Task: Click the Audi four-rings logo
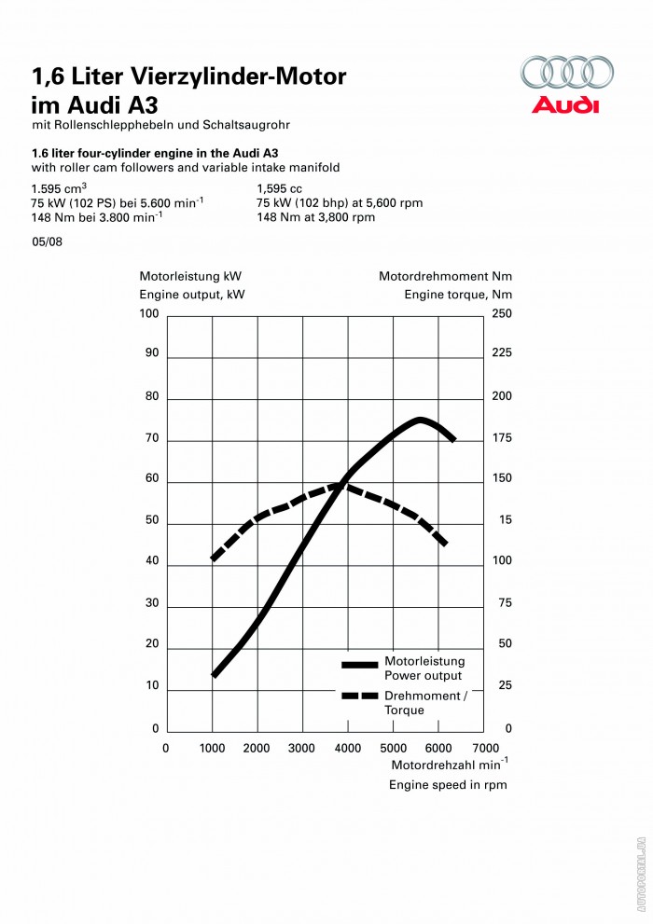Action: tap(567, 73)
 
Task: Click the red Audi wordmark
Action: tap(565, 104)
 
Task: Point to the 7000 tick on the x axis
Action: tap(486, 748)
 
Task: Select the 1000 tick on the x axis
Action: tap(212, 748)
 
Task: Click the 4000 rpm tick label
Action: tap(349, 748)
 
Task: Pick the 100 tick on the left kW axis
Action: tap(149, 314)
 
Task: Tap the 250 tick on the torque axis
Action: tap(502, 314)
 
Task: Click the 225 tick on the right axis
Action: tap(502, 353)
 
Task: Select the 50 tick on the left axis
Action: tap(151, 520)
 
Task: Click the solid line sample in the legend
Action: tap(359, 665)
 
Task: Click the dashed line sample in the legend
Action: tap(359, 696)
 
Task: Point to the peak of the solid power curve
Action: tap(421, 420)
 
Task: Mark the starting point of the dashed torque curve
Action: tap(214, 559)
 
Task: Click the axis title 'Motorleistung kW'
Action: tap(190, 277)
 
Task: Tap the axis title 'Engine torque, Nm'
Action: tap(458, 295)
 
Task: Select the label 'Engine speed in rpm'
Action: tap(448, 785)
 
